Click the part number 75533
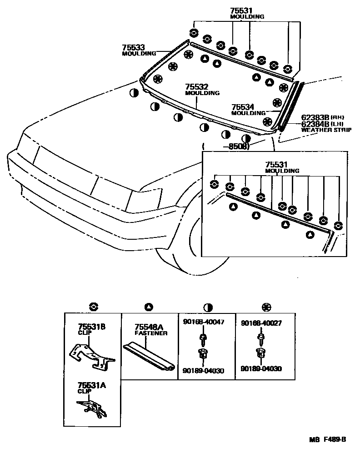(x=133, y=47)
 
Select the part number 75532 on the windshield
(x=196, y=86)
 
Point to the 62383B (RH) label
(x=316, y=117)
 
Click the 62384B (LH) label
(x=316, y=123)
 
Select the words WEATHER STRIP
(x=326, y=130)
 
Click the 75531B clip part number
(x=92, y=327)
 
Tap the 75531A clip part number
(x=92, y=385)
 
